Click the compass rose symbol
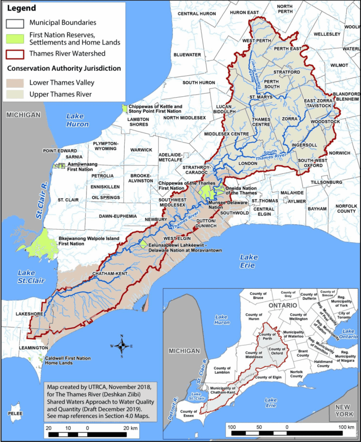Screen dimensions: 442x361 [122, 345]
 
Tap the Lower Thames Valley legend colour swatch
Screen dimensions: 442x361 [15, 82]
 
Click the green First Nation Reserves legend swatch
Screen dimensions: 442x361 [15, 38]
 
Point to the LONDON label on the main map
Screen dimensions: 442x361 [247, 164]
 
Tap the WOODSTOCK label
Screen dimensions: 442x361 [326, 122]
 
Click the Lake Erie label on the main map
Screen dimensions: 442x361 [249, 261]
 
